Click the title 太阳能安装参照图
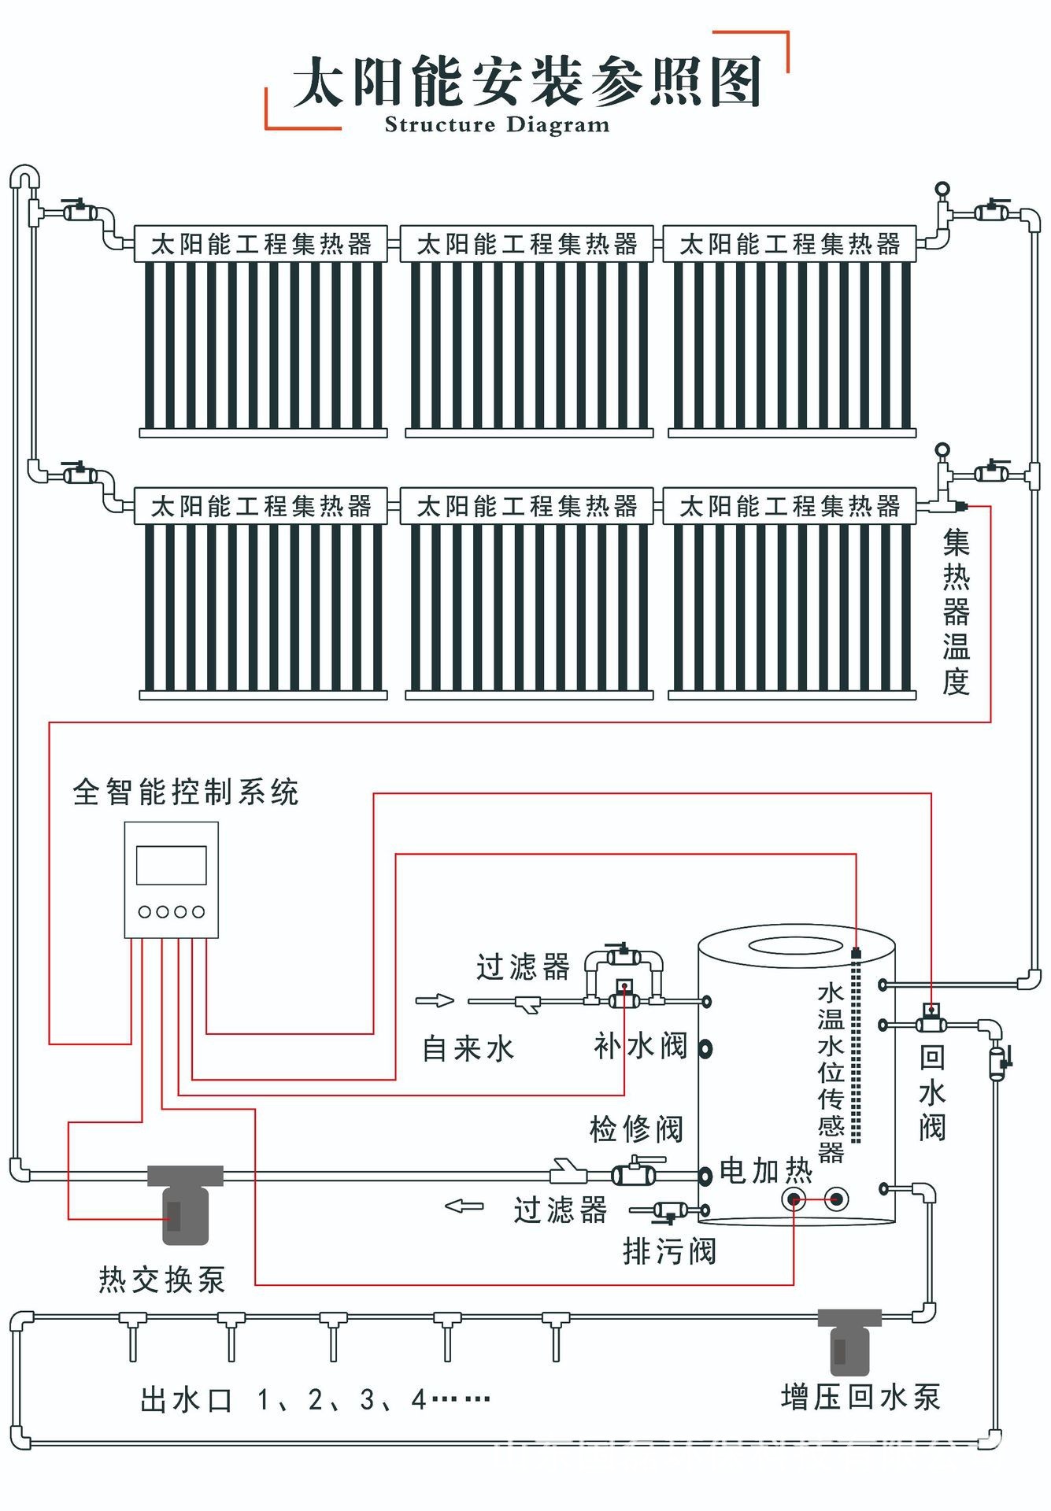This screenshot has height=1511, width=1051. pos(526,81)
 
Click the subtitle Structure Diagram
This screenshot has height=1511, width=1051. pos(497,124)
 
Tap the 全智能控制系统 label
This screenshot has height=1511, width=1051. pos(186,792)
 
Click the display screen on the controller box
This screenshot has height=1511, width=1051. pos(171,865)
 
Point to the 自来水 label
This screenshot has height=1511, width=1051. pos(468,1048)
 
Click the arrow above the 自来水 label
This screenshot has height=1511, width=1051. pos(435,1000)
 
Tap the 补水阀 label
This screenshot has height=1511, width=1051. pos(640,1046)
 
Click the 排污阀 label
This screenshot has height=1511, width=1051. pos(669,1251)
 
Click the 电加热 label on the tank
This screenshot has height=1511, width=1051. pos(765,1171)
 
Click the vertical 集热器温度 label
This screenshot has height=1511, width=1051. pos(956,612)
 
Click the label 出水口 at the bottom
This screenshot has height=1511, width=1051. pos(186,1400)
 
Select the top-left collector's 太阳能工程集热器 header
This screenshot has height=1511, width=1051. pos(261,244)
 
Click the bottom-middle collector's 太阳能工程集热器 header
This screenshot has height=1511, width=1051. pos(527,506)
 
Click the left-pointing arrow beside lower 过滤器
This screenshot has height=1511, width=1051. pos(464,1206)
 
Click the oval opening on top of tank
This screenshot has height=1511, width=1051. pos(796,945)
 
